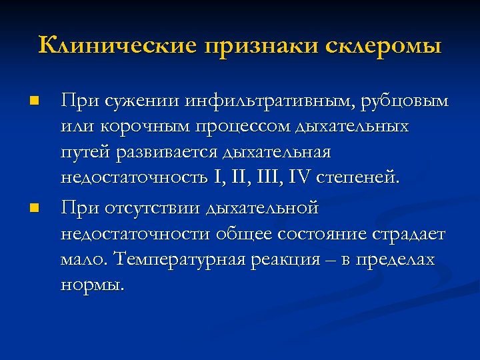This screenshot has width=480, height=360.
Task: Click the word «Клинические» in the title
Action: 118,46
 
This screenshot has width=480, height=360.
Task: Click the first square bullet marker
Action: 35,102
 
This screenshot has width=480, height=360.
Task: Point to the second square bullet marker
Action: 35,209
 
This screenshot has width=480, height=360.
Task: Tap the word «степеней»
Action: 361,178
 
